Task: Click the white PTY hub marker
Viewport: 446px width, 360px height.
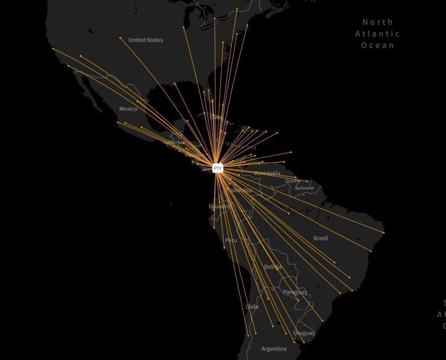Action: pos(218,168)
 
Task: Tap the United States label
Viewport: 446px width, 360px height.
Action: pos(145,40)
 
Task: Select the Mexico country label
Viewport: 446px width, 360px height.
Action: pos(128,109)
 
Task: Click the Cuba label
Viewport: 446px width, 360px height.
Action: pos(216,117)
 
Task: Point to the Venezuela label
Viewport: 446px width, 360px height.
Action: pos(267,173)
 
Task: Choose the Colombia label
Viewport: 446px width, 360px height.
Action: pos(240,190)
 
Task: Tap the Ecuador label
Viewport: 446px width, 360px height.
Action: pos(219,206)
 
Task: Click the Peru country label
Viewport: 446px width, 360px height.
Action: pos(231,240)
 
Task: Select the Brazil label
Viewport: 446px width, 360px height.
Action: pos(320,238)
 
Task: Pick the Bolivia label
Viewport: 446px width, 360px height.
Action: pos(273,267)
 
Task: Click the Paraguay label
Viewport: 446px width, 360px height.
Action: pos(295,292)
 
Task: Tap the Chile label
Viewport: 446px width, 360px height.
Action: pos(252,307)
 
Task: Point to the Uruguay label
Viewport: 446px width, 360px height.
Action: pos(304,333)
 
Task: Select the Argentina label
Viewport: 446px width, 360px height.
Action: pos(274,349)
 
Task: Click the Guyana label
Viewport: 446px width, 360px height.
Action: pos(293,181)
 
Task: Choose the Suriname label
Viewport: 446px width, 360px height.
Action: pos(304,188)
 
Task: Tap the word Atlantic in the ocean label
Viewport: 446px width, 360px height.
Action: pos(377,33)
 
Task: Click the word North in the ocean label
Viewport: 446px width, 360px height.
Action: pos(377,22)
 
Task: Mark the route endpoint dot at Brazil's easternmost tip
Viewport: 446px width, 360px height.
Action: pos(384,233)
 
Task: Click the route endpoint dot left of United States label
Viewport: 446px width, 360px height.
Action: pos(120,38)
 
